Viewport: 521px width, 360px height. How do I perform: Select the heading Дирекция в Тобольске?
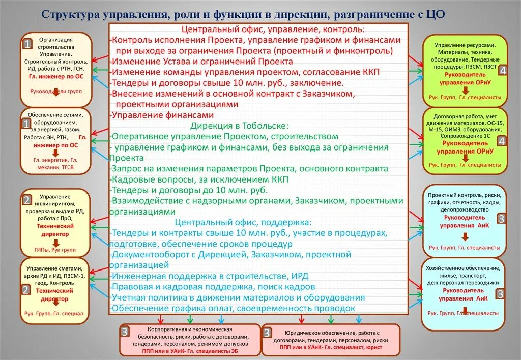[240, 125]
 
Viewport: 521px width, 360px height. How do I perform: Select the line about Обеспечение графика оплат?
[233, 308]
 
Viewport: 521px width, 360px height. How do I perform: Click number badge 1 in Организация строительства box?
[26, 45]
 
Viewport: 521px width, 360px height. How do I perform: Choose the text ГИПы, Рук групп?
[55, 250]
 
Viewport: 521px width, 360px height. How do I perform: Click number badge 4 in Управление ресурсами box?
[502, 71]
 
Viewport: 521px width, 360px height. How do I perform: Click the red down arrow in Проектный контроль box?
[465, 236]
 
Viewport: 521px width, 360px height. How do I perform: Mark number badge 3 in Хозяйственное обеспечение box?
[501, 293]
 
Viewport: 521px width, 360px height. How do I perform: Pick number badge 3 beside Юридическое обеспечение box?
[267, 333]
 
